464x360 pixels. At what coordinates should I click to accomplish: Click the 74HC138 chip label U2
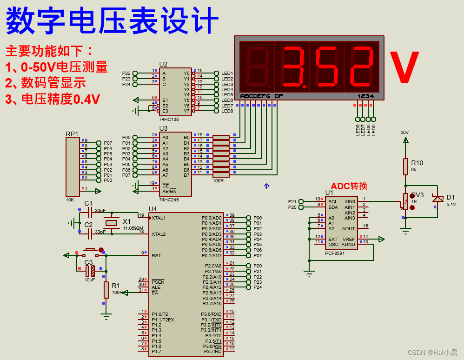[x=163, y=64]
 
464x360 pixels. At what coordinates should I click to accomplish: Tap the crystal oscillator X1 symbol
[x=112, y=223]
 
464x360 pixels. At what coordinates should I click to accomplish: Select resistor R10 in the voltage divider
[x=405, y=167]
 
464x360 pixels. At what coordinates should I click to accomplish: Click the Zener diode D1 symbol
[x=437, y=199]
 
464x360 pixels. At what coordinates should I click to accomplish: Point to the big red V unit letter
[x=404, y=68]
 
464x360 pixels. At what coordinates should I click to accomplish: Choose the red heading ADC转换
[x=349, y=186]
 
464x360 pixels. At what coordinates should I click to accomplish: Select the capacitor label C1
[x=88, y=203]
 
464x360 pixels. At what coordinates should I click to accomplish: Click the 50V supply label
[x=405, y=132]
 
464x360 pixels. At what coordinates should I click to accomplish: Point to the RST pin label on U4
[x=156, y=255]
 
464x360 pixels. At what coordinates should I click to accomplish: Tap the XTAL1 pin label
[x=159, y=218]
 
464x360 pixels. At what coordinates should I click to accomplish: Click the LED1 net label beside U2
[x=227, y=73]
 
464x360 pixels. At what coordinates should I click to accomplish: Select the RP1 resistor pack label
[x=72, y=134]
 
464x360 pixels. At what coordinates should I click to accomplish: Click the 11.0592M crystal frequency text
[x=133, y=228]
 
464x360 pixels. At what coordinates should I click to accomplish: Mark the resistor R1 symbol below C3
[x=106, y=290]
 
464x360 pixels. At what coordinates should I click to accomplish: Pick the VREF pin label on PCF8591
[x=349, y=239]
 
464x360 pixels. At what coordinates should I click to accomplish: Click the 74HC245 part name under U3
[x=169, y=200]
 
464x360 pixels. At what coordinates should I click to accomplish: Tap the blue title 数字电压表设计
[x=112, y=21]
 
